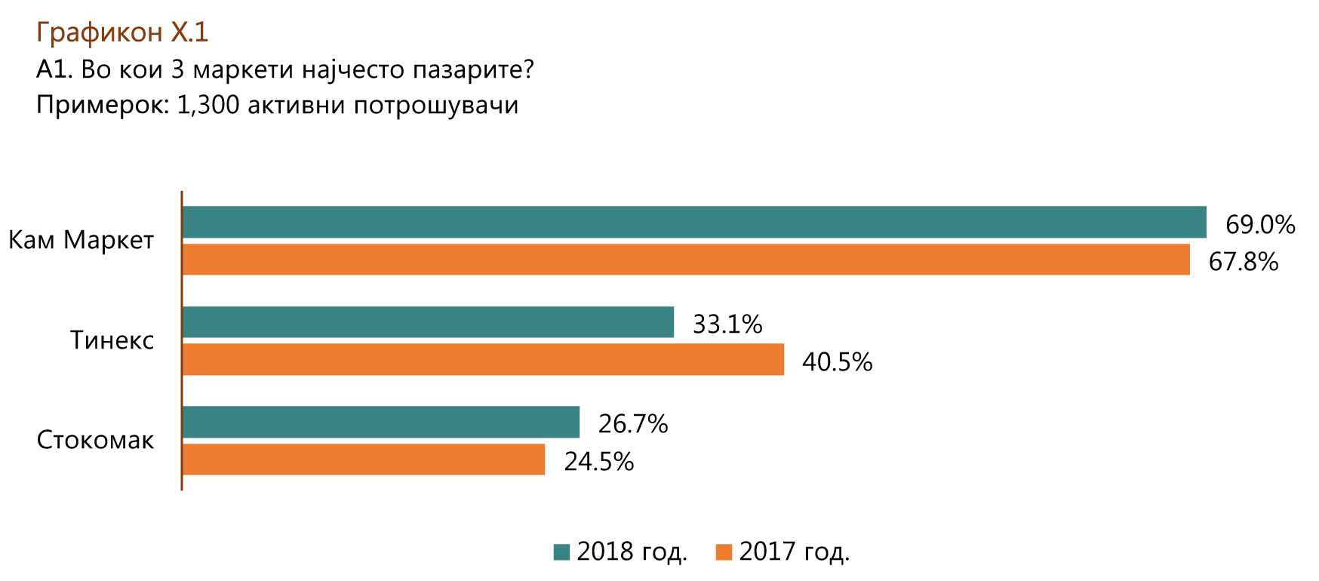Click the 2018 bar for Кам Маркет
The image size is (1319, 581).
(694, 222)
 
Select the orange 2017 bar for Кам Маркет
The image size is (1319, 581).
(686, 259)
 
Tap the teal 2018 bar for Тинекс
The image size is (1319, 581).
(428, 322)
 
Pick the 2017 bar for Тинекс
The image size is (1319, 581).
(483, 359)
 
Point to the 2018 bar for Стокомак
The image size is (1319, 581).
(381, 422)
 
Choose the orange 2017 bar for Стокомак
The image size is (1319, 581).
(364, 459)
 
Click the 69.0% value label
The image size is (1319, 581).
(1259, 224)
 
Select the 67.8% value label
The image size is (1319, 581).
(1243, 261)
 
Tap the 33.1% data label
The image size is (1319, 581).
(727, 324)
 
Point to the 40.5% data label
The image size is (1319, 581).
(837, 362)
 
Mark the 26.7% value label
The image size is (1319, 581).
(633, 424)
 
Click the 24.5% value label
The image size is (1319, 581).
(598, 462)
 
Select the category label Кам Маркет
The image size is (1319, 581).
(81, 240)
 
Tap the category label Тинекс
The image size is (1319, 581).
(112, 340)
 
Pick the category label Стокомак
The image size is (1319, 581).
(95, 440)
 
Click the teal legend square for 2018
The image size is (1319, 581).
(561, 552)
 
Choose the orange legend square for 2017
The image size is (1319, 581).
(724, 552)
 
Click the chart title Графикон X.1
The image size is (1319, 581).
(121, 32)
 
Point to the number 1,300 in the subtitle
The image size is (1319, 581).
(208, 105)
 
